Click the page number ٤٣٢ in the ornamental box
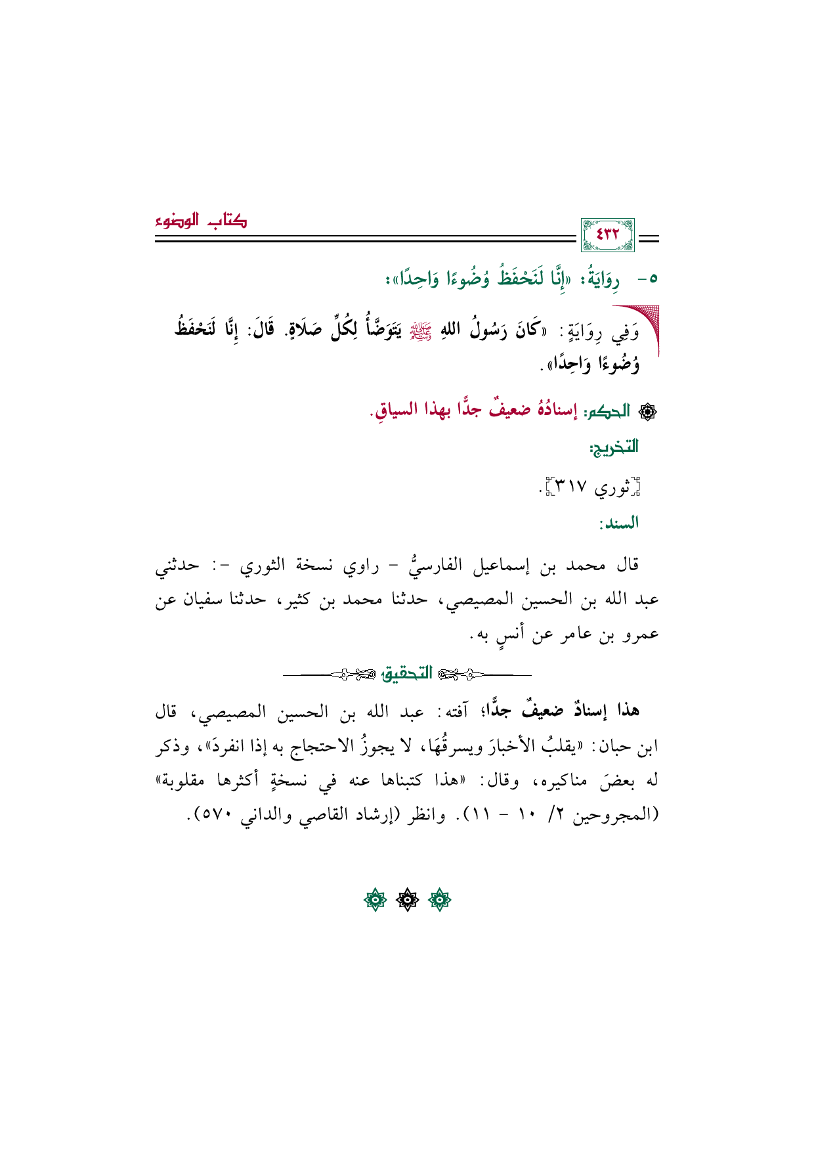pyautogui.click(x=607, y=234)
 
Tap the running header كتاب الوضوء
pyautogui.click(x=201, y=221)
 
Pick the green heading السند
pyautogui.click(x=618, y=523)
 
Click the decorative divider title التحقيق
pyautogui.click(x=407, y=674)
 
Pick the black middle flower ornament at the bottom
pyautogui.click(x=407, y=900)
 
